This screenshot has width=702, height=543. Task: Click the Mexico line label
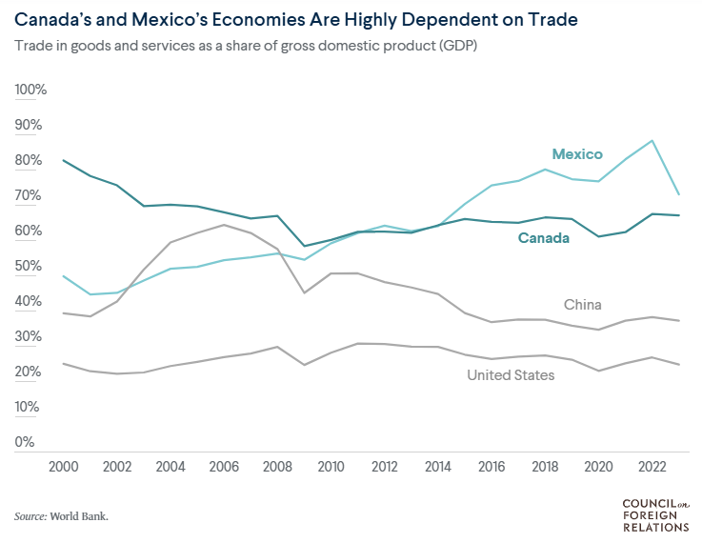click(x=577, y=154)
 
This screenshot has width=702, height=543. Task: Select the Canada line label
click(x=544, y=238)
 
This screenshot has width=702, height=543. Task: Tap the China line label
click(x=583, y=305)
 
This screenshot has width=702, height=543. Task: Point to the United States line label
click(x=511, y=375)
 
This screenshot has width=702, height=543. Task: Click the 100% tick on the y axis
click(x=30, y=90)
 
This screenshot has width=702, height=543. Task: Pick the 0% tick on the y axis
click(x=25, y=442)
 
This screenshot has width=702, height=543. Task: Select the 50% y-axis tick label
click(x=29, y=266)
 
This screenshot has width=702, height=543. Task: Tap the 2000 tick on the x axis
click(x=63, y=467)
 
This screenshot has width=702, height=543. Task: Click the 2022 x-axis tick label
click(x=651, y=467)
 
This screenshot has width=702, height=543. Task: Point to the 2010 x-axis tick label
click(x=331, y=467)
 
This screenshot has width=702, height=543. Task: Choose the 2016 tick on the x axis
click(x=491, y=467)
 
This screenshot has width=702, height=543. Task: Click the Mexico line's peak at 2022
click(x=652, y=141)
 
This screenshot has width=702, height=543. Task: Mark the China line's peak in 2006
click(x=223, y=225)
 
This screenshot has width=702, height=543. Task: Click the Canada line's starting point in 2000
click(x=63, y=160)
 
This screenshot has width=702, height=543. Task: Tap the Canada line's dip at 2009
click(x=303, y=246)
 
